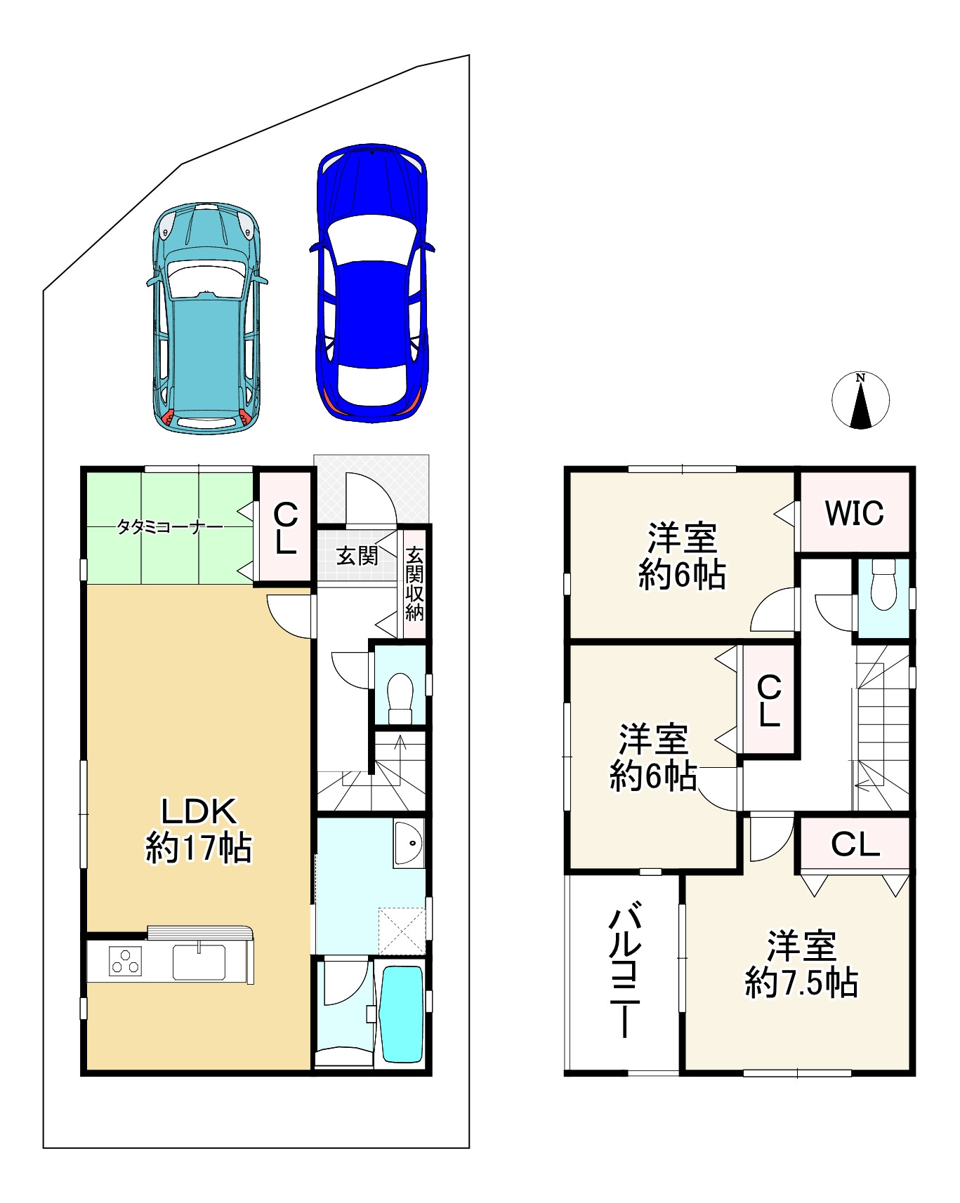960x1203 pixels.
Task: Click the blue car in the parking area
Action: [371, 284]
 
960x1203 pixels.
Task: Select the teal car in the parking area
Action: [206, 317]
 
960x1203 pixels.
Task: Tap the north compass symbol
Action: [860, 400]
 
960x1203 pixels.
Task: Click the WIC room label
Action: [854, 513]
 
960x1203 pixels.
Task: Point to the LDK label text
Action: [199, 811]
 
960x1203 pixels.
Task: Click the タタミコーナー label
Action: [170, 526]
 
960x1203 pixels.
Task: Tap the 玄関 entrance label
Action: [357, 556]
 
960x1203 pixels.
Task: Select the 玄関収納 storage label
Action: [414, 583]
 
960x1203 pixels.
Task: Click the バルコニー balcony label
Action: [624, 973]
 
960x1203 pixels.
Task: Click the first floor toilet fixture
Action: [400, 698]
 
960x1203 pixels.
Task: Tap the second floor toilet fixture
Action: [883, 585]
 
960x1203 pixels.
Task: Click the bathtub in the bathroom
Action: [401, 1014]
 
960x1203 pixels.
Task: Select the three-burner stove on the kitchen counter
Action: [126, 962]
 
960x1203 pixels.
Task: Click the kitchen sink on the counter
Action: [199, 962]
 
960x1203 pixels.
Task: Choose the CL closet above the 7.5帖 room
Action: [855, 844]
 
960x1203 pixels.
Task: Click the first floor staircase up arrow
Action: [400, 751]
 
